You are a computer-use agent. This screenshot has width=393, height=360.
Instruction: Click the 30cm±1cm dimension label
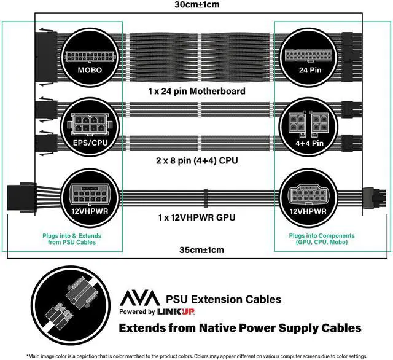click(197, 5)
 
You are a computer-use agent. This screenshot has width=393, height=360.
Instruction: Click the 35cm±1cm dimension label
click(197, 250)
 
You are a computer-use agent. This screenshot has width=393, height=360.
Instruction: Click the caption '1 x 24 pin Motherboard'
click(197, 91)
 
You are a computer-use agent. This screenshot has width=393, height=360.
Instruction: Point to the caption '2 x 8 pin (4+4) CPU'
click(197, 161)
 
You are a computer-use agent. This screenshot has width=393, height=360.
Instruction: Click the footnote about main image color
click(196, 356)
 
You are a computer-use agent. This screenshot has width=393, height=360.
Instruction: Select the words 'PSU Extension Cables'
click(224, 299)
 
